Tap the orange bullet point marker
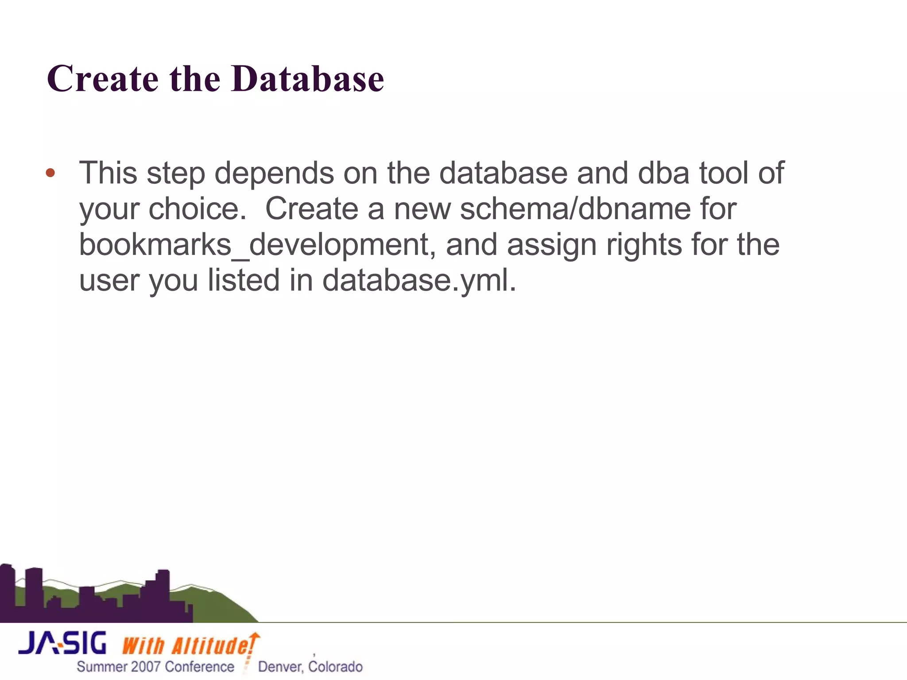tap(50, 173)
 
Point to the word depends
tap(274, 174)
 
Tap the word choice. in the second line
tap(198, 209)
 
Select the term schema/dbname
tap(575, 209)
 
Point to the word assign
tap(551, 246)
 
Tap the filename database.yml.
tap(419, 282)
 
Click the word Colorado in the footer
tap(335, 667)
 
